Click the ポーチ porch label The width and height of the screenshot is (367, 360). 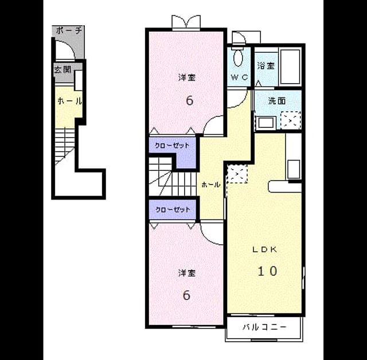coord(69,30)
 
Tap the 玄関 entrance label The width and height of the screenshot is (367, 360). coord(63,69)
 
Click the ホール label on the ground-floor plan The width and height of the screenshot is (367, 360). coord(70,101)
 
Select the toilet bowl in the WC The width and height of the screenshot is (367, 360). coord(239,57)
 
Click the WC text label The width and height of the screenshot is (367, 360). coord(239,77)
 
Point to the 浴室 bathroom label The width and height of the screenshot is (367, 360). coord(266,65)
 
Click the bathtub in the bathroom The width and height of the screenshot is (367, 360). coord(290,66)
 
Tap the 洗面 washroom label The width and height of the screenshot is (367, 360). coord(277,101)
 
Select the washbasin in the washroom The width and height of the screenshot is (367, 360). coord(266,123)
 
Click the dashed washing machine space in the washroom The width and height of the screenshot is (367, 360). coord(291,120)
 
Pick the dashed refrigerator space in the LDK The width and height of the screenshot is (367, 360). coord(237,174)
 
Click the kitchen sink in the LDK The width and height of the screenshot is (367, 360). coord(294,169)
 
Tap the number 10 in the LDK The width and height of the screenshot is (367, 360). coord(267,271)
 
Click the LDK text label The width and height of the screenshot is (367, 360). coord(264,249)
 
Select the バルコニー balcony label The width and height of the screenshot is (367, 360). coord(264,327)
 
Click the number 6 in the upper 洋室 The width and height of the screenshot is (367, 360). coord(190,100)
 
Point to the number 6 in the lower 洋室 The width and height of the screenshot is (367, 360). coord(186,295)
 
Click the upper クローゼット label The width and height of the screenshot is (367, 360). coord(172,146)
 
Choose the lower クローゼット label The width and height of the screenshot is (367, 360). coord(173,210)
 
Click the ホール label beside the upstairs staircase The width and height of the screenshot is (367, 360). coord(211,185)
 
